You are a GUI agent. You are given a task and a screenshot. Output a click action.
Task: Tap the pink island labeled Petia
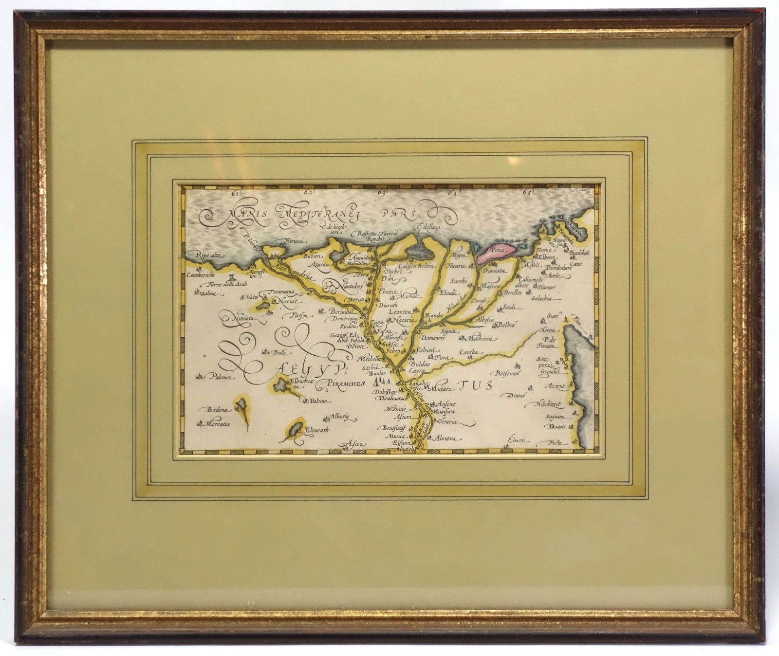(x=494, y=254)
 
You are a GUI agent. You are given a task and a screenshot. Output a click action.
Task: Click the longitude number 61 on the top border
(x=236, y=194)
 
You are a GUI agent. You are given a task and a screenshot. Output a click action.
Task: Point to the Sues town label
(x=552, y=316)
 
